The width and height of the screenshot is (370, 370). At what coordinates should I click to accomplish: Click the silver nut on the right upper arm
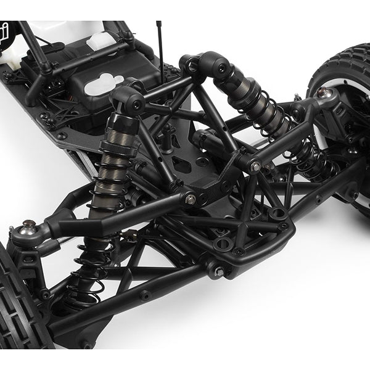255,166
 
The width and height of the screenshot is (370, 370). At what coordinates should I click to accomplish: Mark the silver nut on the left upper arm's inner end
191,199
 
